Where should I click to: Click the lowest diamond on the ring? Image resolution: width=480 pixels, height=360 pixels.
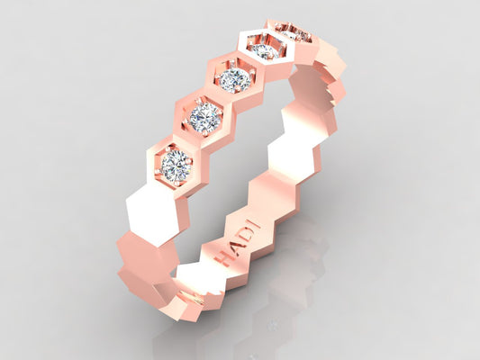(176, 166)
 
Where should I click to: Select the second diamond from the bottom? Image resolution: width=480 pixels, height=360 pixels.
(204, 115)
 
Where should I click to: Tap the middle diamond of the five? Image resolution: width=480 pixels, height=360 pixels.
(235, 79)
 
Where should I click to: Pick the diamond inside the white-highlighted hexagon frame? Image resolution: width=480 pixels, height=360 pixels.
(264, 50)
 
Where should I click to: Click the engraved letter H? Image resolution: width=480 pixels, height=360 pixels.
(224, 257)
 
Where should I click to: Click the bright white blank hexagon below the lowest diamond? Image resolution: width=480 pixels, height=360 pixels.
(153, 213)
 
